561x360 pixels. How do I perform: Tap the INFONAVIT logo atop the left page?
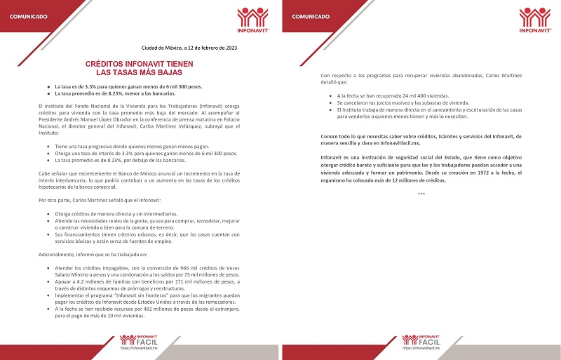coord(252,21)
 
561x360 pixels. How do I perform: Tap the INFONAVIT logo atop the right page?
coord(535,21)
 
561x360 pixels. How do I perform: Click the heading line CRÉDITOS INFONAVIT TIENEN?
coord(140,63)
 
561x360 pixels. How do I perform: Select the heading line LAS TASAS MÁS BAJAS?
coord(140,72)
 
